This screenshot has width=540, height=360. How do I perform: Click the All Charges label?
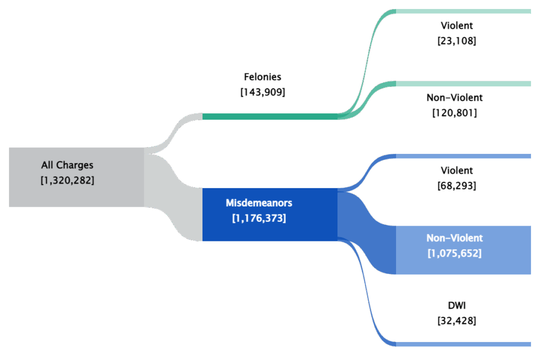coord(67,166)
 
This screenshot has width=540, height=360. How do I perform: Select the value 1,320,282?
coord(67,180)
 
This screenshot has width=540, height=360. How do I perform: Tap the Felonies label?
coord(263,77)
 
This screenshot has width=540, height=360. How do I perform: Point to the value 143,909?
coord(263,92)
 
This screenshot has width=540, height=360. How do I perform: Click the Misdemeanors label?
coord(259,203)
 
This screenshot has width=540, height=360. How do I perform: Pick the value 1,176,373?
coord(259,218)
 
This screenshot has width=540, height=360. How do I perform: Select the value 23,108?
coord(457,41)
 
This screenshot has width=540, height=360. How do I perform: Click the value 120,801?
coord(454,113)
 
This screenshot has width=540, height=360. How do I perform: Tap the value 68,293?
coord(457,186)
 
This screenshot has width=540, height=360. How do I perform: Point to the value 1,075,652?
coord(454,253)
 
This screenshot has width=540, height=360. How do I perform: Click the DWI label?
coord(457,305)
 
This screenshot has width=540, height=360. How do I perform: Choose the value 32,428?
coord(457,320)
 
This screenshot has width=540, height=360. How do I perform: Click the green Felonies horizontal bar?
coord(269,116)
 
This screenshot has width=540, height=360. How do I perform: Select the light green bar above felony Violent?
coord(463,12)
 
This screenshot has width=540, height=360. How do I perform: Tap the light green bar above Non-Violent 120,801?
coord(463,84)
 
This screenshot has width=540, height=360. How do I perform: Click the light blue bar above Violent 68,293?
coord(463,156)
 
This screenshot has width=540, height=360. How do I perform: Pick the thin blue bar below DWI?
coord(463,344)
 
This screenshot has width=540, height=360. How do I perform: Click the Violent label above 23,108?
coord(457,25)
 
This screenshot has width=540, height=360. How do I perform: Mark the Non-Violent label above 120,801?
coord(454,98)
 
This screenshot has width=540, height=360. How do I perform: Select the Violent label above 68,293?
coord(457,171)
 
